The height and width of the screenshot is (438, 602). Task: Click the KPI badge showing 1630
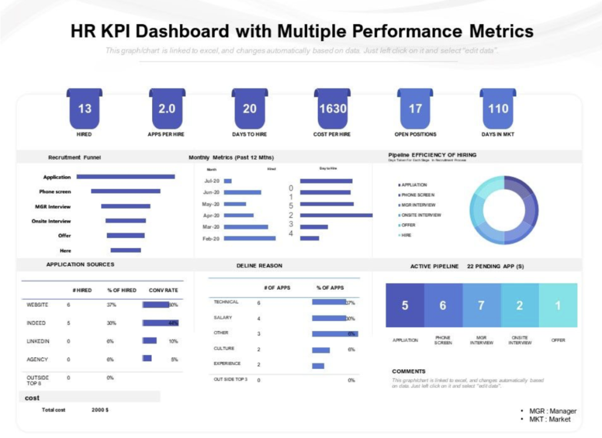pyautogui.click(x=333, y=109)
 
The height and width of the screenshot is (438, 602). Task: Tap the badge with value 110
pyautogui.click(x=498, y=109)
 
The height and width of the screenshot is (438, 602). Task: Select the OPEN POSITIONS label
pyautogui.click(x=415, y=135)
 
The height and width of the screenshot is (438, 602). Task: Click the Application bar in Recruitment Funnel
pyautogui.click(x=125, y=176)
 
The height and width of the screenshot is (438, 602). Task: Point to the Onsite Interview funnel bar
pyautogui.click(x=126, y=221)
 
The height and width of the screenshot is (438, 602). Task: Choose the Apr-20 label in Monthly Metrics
pyautogui.click(x=211, y=215)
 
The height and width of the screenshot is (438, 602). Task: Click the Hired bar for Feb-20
pyautogui.click(x=250, y=238)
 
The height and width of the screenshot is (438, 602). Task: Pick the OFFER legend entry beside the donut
pyautogui.click(x=408, y=225)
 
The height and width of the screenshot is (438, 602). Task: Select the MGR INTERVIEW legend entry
pyautogui.click(x=418, y=205)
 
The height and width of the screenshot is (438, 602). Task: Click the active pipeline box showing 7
pyautogui.click(x=481, y=305)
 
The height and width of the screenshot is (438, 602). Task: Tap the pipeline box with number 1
pyautogui.click(x=558, y=305)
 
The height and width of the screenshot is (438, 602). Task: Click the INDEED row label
pyautogui.click(x=36, y=323)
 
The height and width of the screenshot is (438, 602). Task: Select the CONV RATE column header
pyautogui.click(x=163, y=290)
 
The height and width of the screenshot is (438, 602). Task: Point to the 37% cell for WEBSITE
pyautogui.click(x=112, y=305)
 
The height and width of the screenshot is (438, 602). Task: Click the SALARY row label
pyautogui.click(x=223, y=317)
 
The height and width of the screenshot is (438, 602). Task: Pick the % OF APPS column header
pyautogui.click(x=330, y=287)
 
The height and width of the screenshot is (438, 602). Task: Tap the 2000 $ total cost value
pyautogui.click(x=100, y=410)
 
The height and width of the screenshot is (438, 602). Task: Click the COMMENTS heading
pyautogui.click(x=409, y=372)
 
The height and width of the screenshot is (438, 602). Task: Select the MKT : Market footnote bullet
pyautogui.click(x=550, y=420)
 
